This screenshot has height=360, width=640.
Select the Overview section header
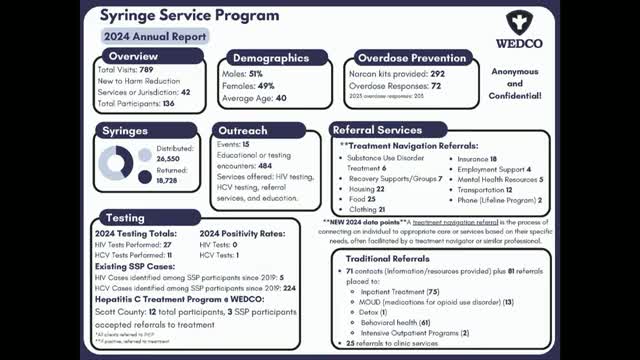tap(133, 56)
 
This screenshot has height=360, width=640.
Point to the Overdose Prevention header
tap(413, 57)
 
